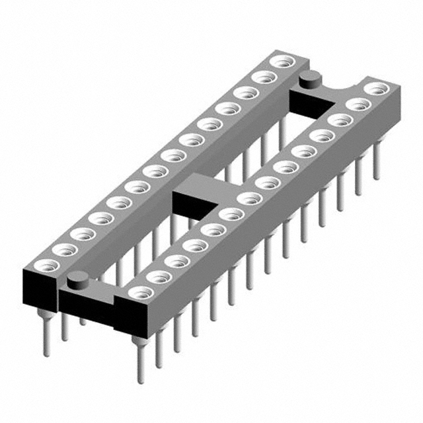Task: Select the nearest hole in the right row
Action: (x=139, y=291)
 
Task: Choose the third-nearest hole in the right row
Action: (x=176, y=260)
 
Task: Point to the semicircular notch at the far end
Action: (x=346, y=90)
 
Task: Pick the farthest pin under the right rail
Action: (x=377, y=162)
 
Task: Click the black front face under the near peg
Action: (x=86, y=307)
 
